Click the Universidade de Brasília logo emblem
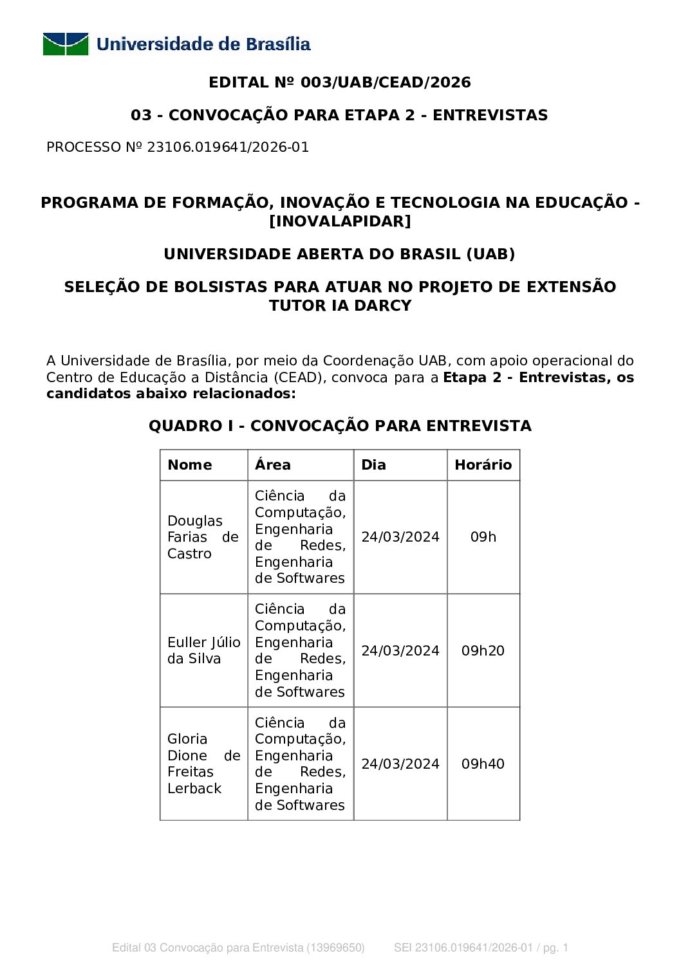pyautogui.click(x=66, y=44)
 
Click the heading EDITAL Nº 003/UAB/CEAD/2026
pyautogui.click(x=340, y=82)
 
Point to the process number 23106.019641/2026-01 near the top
pyautogui.click(x=228, y=147)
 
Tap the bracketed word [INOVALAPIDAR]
pyautogui.click(x=340, y=221)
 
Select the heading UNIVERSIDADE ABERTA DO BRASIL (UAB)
pyautogui.click(x=340, y=254)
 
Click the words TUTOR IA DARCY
pyautogui.click(x=340, y=306)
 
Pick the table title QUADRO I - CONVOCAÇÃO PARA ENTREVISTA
pyautogui.click(x=340, y=426)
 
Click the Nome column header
pyautogui.click(x=190, y=465)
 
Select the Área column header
pyautogui.click(x=273, y=465)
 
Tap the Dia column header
pyautogui.click(x=374, y=465)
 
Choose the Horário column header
pyautogui.click(x=483, y=465)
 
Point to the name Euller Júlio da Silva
pyautogui.click(x=203, y=650)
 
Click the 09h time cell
pyautogui.click(x=483, y=537)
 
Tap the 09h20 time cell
pyautogui.click(x=483, y=650)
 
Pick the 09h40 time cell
pyautogui.click(x=483, y=764)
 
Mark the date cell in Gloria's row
pyautogui.click(x=400, y=764)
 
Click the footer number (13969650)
pyautogui.click(x=335, y=948)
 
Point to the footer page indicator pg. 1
pyautogui.click(x=555, y=948)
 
